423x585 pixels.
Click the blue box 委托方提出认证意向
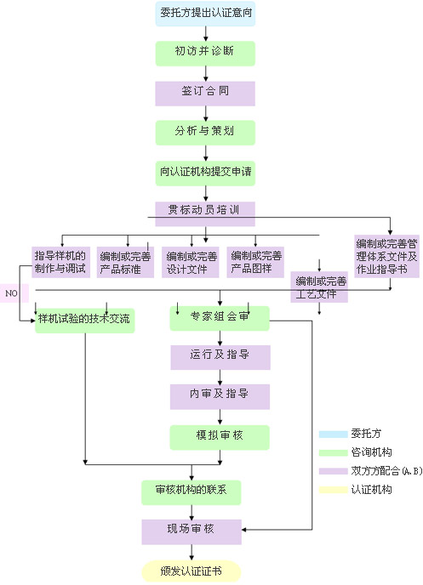[x=205, y=14]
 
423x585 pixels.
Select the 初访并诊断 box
[x=205, y=54]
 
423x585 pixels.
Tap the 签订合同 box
[x=205, y=94]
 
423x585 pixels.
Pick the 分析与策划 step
[x=205, y=133]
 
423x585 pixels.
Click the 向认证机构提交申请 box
[x=205, y=173]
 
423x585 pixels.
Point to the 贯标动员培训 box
[x=205, y=213]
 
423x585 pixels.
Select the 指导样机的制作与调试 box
[x=61, y=262]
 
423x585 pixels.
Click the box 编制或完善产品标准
[x=125, y=262]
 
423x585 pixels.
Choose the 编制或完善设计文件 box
[x=190, y=262]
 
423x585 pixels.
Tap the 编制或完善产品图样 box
[x=255, y=262]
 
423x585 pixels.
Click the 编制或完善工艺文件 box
[x=319, y=287]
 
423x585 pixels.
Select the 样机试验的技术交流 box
[x=85, y=321]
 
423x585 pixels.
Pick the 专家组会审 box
[x=220, y=318]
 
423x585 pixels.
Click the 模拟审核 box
[x=220, y=437]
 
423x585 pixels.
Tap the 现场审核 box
[x=191, y=531]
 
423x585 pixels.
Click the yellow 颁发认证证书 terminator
[x=191, y=571]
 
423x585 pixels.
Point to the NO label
[x=11, y=293]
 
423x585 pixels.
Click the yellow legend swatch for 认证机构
[x=333, y=490]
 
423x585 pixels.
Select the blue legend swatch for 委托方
[x=333, y=434]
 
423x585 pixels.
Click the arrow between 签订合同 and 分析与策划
[x=205, y=113]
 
